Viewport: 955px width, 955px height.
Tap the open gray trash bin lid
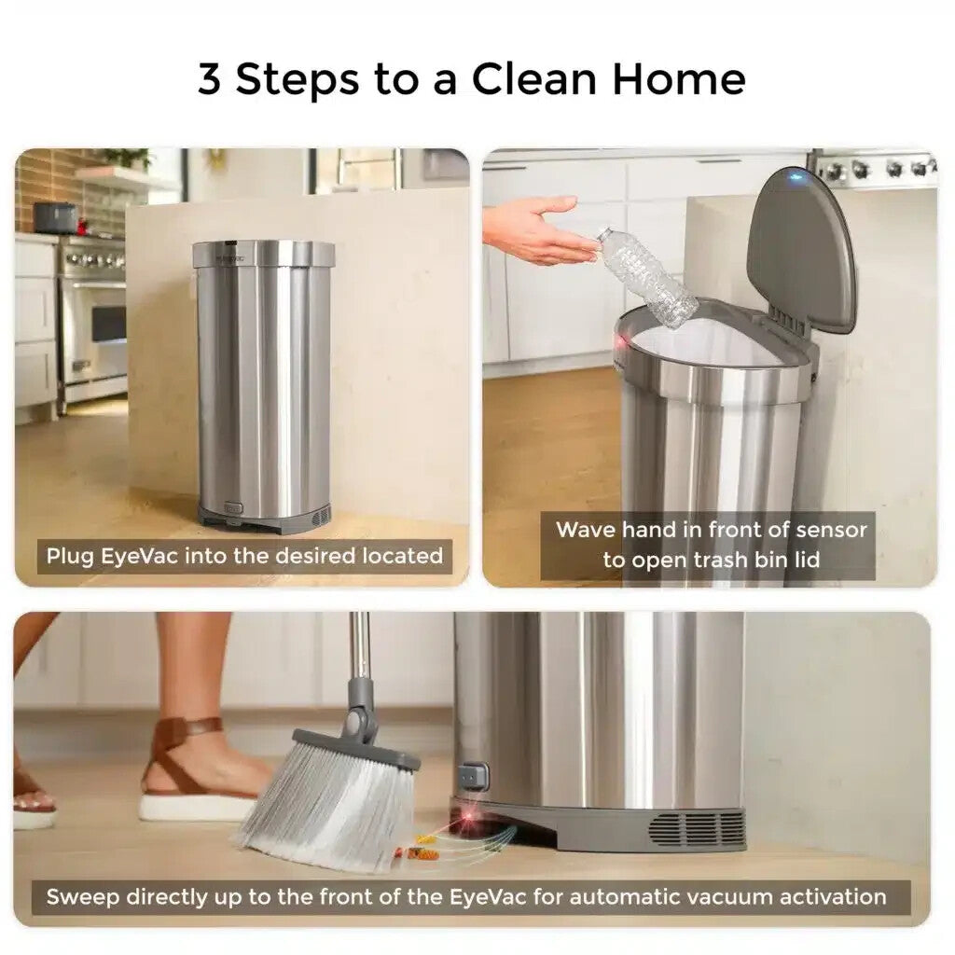click(x=802, y=251)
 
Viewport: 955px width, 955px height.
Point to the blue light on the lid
click(x=795, y=178)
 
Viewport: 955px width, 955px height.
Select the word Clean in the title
click(x=533, y=79)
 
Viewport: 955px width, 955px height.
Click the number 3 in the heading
click(x=209, y=79)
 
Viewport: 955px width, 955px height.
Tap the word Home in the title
click(x=679, y=79)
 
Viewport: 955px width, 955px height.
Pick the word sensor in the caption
click(x=831, y=530)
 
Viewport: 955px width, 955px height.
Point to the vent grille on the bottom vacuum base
click(x=697, y=829)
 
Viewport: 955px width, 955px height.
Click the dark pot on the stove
click(x=55, y=218)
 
